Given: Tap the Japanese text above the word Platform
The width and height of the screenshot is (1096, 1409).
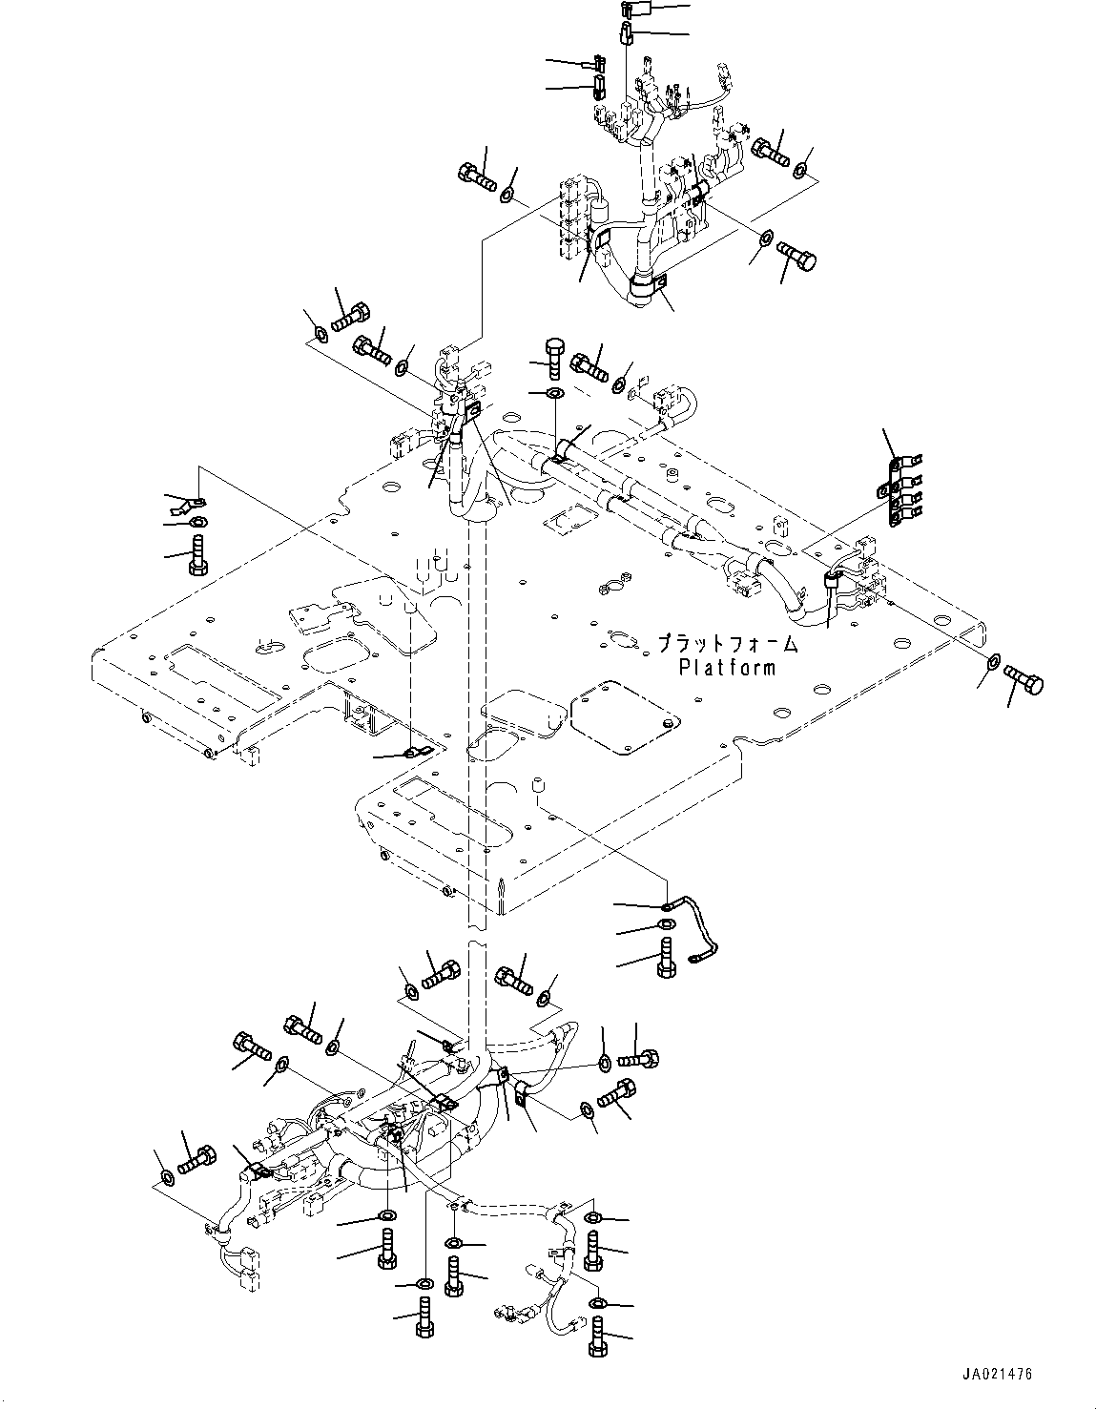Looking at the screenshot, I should [727, 645].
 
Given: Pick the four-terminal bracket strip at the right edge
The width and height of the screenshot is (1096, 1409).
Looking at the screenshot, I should [896, 492].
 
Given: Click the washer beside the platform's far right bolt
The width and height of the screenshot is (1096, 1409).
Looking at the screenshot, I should [993, 660].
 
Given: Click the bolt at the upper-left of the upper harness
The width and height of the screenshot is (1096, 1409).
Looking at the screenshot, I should [476, 175].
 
